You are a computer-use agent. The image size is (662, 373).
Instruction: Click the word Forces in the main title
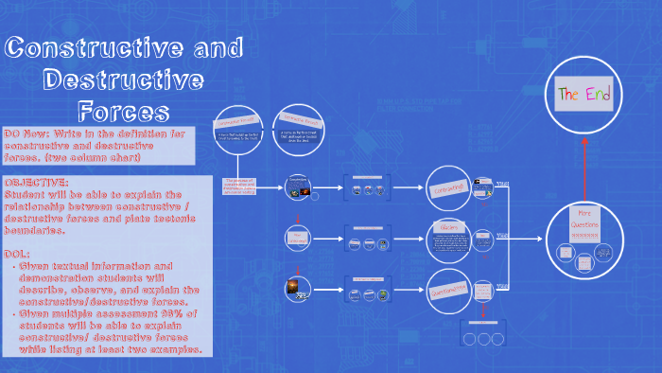pyautogui.click(x=123, y=111)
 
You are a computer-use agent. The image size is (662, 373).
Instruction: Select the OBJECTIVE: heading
pyautogui.click(x=36, y=182)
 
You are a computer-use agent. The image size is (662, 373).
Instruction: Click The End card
pyautogui.click(x=584, y=95)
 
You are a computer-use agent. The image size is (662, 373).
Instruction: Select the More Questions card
pyautogui.click(x=584, y=224)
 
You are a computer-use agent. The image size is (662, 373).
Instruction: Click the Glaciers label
pyautogui.click(x=449, y=227)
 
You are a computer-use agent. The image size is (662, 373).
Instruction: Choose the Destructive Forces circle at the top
pyautogui.click(x=299, y=131)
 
